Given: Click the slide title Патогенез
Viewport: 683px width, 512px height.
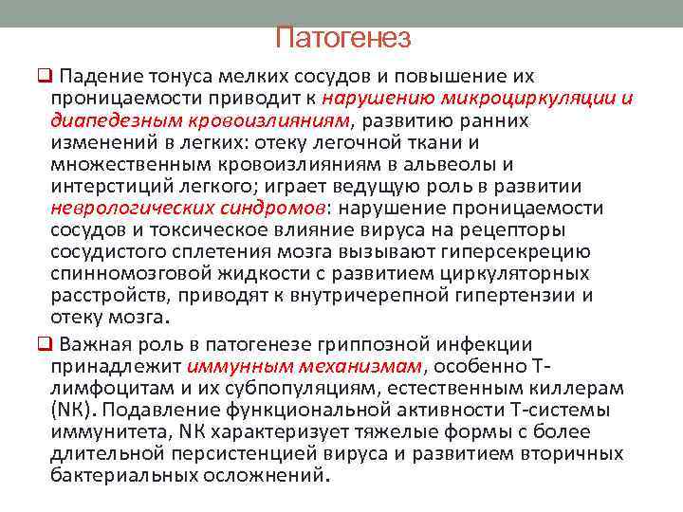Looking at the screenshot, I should pyautogui.click(x=342, y=38).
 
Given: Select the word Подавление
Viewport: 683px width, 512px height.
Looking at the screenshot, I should pyautogui.click(x=162, y=410).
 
